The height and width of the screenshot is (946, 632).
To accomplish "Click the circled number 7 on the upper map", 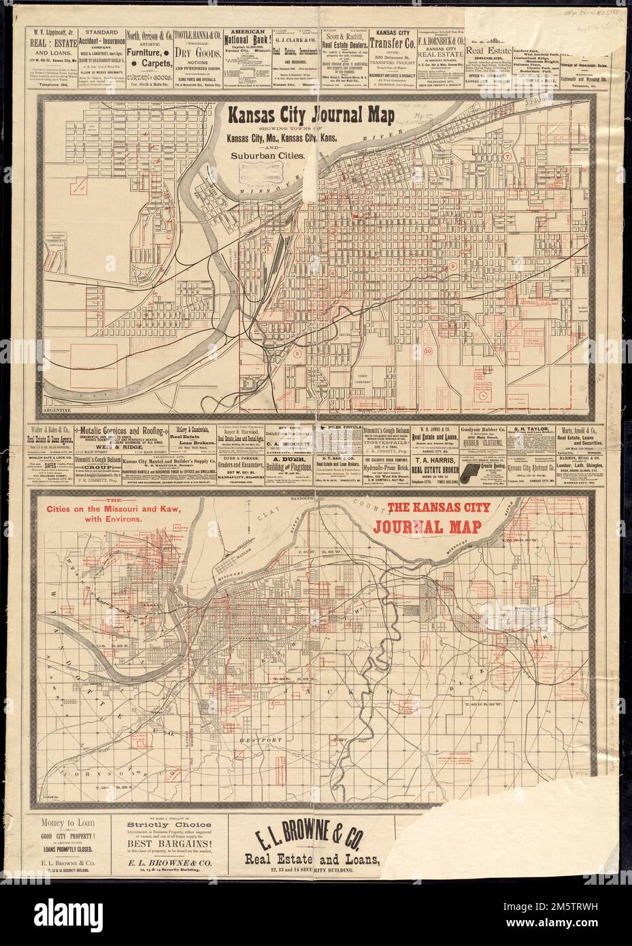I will (x=508, y=156).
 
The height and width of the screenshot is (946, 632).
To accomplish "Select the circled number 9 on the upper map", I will (x=452, y=266).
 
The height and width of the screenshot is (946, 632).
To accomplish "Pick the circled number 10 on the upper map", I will (x=427, y=351).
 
